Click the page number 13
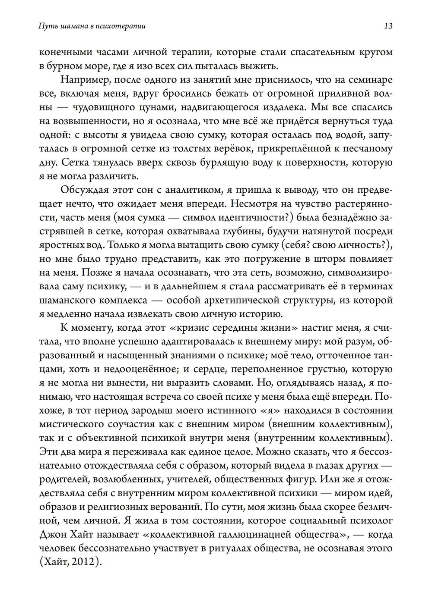click(388, 26)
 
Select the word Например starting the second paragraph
click(81, 80)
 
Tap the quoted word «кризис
click(193, 328)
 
